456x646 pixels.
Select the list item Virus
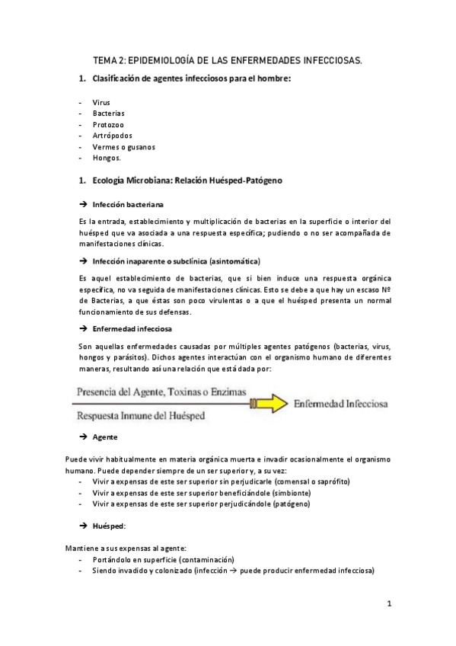[101, 102]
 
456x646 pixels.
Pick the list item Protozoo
[108, 124]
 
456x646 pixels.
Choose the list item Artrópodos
[111, 136]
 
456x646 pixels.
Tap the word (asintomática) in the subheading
[234, 261]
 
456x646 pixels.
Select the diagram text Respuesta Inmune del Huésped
[139, 417]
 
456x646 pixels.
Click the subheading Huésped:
[109, 526]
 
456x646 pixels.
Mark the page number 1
[388, 604]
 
